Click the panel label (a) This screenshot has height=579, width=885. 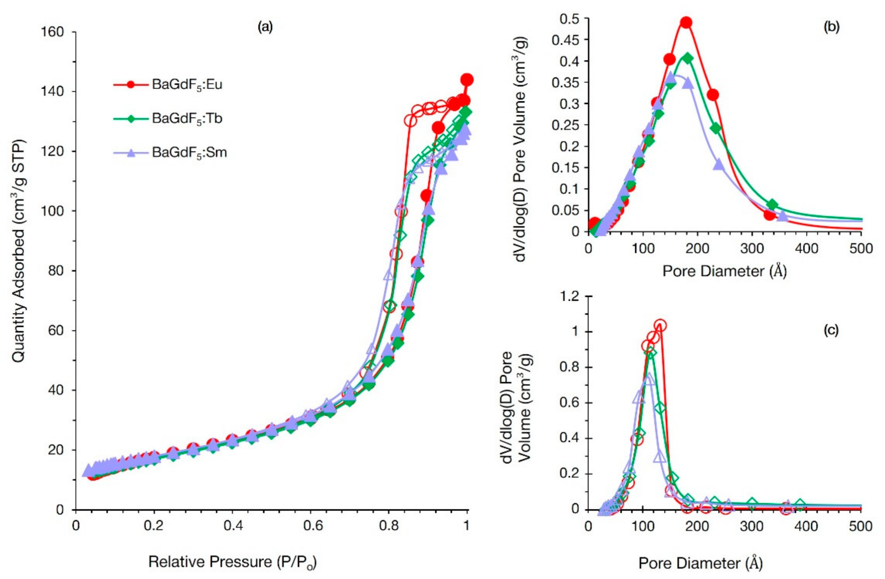(265, 27)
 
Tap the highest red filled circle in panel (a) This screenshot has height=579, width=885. (467, 79)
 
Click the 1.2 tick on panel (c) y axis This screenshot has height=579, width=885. (571, 297)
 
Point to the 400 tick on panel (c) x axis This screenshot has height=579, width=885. (807, 526)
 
